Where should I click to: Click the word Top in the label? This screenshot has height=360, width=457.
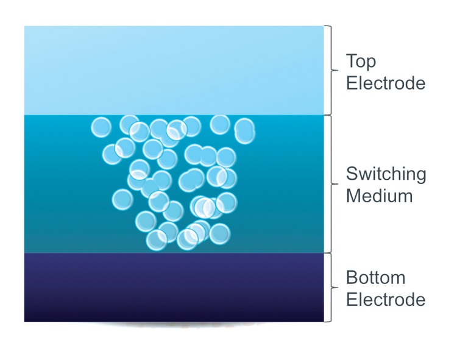click(361, 62)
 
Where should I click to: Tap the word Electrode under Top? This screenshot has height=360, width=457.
click(385, 83)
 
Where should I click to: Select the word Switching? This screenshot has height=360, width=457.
click(386, 175)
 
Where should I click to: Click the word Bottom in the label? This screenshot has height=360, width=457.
click(375, 278)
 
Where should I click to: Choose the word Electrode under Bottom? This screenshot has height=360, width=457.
click(385, 300)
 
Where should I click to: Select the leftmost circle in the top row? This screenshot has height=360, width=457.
click(101, 127)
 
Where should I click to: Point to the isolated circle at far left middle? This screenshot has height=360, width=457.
click(122, 199)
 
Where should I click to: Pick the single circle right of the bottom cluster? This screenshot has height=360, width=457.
click(219, 233)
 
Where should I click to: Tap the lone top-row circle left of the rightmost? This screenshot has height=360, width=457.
click(220, 124)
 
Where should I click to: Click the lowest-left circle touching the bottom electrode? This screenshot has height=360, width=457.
click(157, 240)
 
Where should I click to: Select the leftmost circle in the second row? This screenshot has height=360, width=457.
click(112, 154)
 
